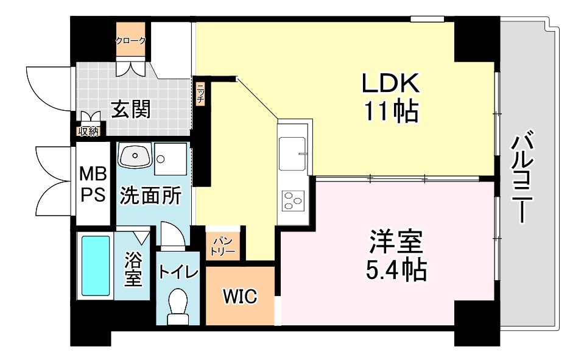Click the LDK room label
point(390,83)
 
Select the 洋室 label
point(395,242)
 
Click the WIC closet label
point(240,297)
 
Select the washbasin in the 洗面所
point(133,157)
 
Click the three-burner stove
point(294,200)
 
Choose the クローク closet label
point(131,41)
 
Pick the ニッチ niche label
point(200,93)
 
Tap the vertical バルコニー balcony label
point(523,177)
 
